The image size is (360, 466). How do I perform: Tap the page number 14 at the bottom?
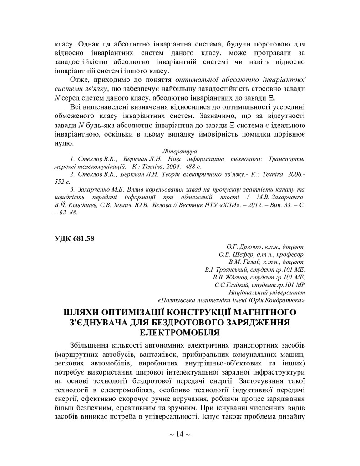click(179, 447)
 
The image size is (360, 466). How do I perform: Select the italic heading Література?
click(180, 150)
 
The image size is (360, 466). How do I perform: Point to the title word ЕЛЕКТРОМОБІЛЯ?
click(179, 332)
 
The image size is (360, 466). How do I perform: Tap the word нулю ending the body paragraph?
click(64, 143)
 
